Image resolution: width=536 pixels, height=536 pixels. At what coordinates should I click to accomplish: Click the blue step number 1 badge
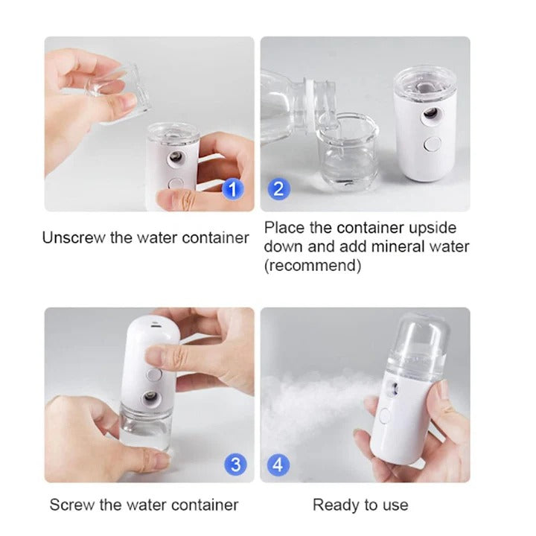tap(233, 188)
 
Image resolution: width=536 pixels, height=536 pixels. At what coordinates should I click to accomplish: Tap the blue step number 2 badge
tap(278, 188)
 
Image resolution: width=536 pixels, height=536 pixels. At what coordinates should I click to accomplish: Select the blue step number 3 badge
tap(234, 465)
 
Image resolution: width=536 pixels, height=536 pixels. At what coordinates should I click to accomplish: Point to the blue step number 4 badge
tap(278, 465)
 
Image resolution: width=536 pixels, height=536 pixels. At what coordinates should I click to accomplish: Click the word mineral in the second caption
tap(397, 246)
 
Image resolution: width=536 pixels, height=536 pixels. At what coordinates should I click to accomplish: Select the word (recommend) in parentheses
tap(313, 266)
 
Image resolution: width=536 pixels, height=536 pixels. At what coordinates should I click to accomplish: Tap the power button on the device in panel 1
tap(176, 185)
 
